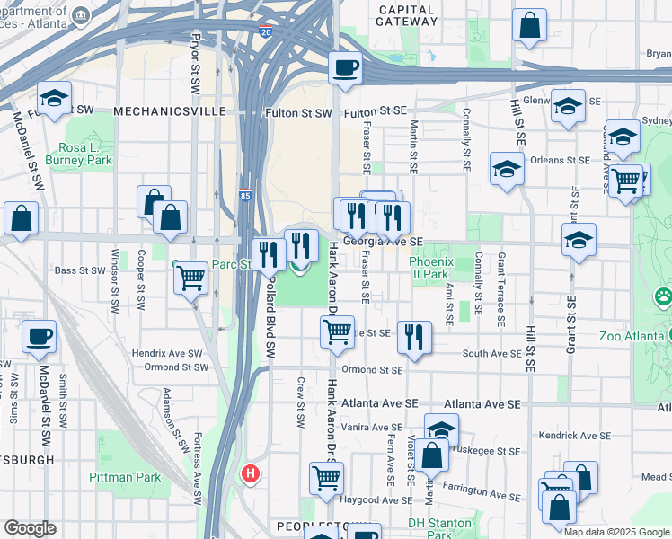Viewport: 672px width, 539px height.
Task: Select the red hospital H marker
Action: tap(251, 473)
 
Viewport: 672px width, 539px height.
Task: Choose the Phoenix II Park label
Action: tap(428, 268)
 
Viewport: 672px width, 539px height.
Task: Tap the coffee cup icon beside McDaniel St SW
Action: tap(39, 338)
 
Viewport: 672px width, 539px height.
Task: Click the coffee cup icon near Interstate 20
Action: tap(346, 67)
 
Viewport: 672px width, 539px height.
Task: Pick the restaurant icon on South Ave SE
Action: tap(413, 338)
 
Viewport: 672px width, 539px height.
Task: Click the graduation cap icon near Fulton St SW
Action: tap(55, 98)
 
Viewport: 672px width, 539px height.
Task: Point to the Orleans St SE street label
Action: tap(560, 161)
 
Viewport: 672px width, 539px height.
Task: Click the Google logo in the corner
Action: tap(30, 528)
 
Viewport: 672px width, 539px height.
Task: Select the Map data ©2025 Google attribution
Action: tap(615, 532)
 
